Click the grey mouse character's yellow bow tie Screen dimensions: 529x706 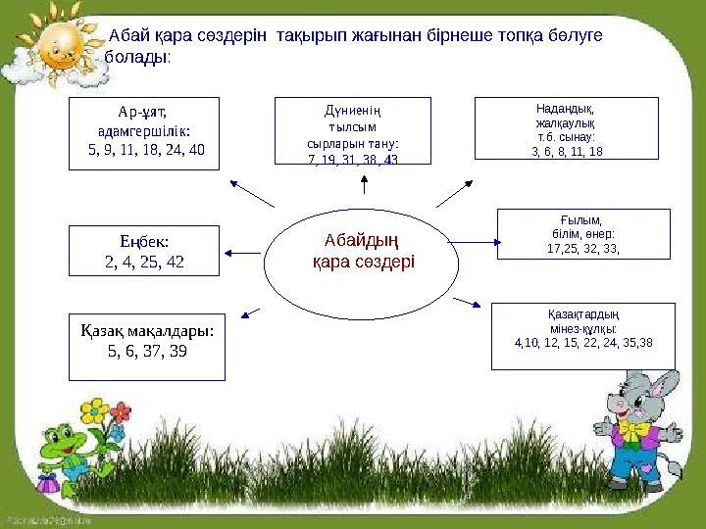tap(634, 430)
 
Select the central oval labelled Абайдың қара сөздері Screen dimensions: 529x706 tap(363, 251)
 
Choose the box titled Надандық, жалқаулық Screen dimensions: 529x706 tap(567, 128)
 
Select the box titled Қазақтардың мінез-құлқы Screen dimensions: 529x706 tap(583, 336)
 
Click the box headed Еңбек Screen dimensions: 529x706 tap(144, 251)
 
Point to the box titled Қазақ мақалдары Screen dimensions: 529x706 tap(147, 346)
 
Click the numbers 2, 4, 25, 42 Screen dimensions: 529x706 tap(144, 262)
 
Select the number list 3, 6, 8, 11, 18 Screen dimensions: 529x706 tap(567, 152)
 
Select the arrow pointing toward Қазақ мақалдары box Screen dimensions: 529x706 tap(251, 313)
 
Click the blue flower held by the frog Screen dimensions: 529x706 tap(117, 431)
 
